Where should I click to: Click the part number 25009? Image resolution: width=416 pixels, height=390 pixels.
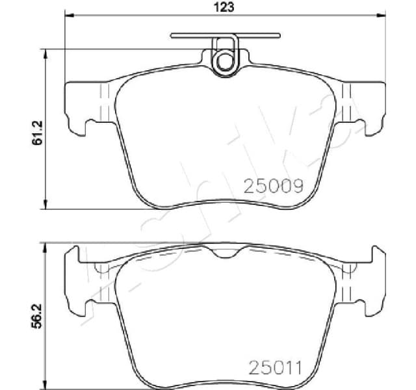(x=274, y=187)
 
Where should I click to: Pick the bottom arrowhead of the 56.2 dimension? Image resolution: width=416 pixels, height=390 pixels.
(x=45, y=383)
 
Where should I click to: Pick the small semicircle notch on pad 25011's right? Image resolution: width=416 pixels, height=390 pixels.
(x=351, y=268)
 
